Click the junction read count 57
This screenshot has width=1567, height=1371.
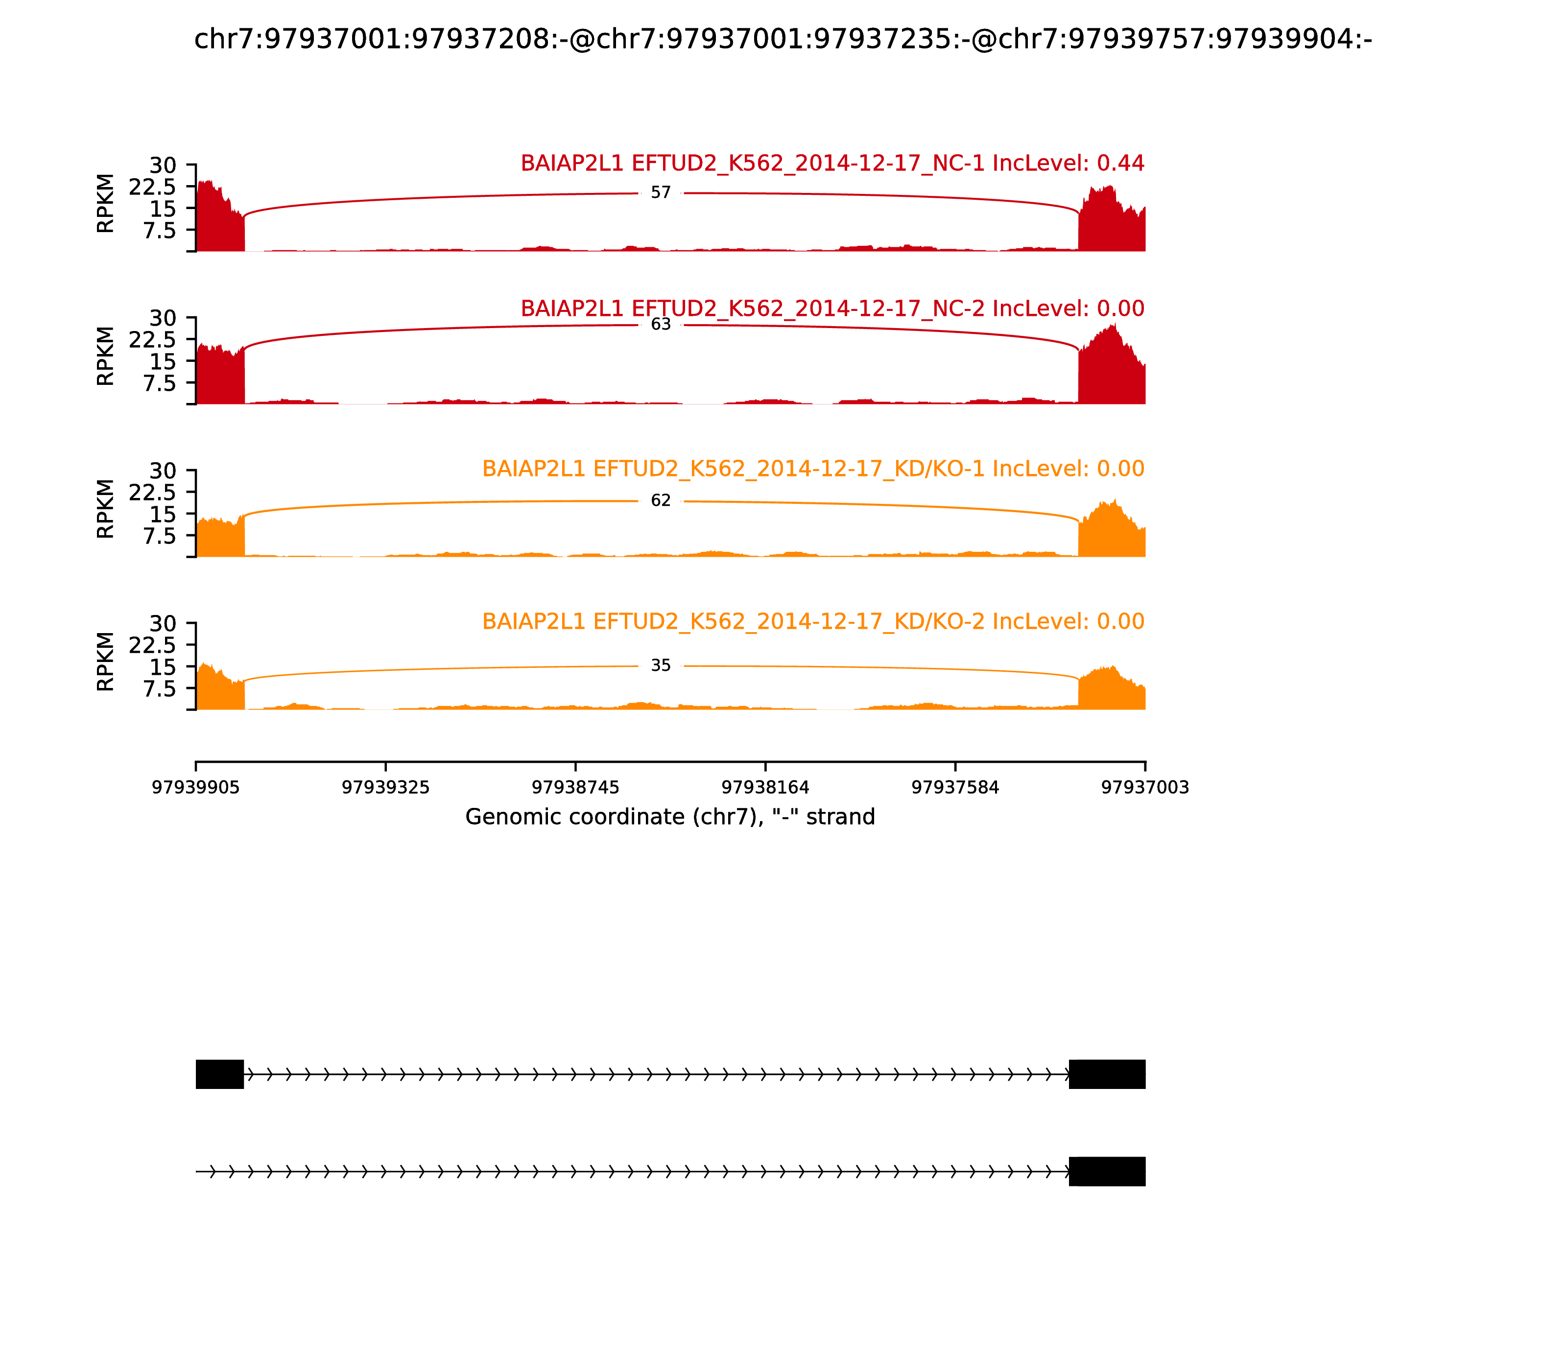[x=660, y=193]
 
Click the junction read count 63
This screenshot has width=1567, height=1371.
[x=660, y=324]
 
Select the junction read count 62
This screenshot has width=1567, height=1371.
[x=660, y=500]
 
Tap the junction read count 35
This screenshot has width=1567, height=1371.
[x=660, y=665]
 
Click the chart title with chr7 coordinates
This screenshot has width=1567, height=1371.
[x=783, y=39]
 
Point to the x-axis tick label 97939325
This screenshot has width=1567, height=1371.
[x=386, y=787]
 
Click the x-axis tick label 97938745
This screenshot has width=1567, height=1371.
[x=575, y=787]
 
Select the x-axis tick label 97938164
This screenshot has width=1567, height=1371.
[x=765, y=787]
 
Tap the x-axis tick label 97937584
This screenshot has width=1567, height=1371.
[x=955, y=787]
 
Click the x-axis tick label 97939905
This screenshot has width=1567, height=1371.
[x=196, y=787]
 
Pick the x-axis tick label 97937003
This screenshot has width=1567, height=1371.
[x=1145, y=787]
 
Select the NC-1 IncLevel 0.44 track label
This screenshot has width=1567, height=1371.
[x=832, y=163]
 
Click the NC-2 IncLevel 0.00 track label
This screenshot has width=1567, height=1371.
[x=832, y=308]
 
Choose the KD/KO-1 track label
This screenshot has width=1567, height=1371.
[x=813, y=468]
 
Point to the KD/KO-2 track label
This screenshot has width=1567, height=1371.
[x=813, y=621]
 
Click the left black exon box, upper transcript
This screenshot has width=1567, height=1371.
[x=219, y=1074]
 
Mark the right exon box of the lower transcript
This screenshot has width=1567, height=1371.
[x=1107, y=1171]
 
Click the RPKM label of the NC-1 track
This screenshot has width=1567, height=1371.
[x=106, y=204]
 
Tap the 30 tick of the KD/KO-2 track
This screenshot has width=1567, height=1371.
[x=163, y=623]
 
